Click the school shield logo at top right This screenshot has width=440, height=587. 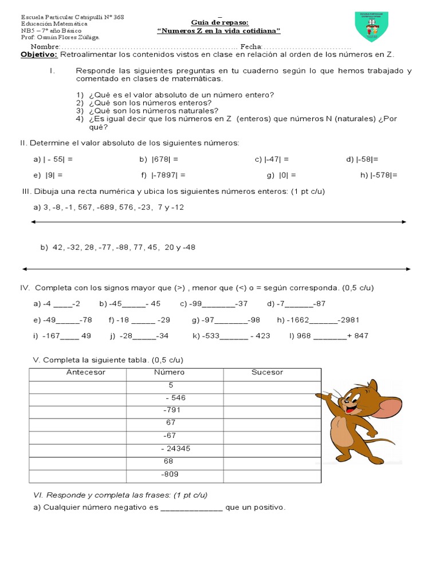tap(371, 26)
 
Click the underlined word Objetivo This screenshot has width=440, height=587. tap(39, 54)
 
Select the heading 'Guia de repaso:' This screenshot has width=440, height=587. tap(219, 22)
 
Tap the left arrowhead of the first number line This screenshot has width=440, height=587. tap(34, 221)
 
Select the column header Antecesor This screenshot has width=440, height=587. tap(86, 373)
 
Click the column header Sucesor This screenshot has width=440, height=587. tap(267, 373)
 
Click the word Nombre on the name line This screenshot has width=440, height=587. tap(45, 46)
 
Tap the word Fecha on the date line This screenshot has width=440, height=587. tap(252, 46)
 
